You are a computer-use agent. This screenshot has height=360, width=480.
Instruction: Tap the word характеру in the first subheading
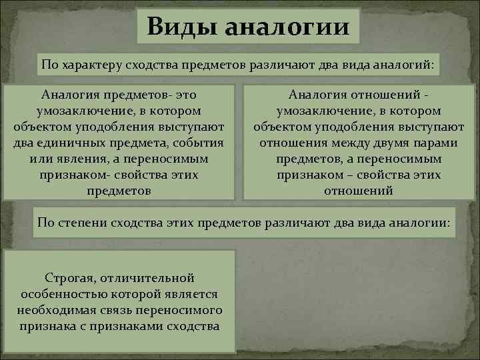(x=89, y=65)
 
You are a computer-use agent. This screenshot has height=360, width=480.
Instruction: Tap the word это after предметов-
(x=185, y=95)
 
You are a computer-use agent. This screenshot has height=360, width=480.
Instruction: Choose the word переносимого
(x=180, y=310)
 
